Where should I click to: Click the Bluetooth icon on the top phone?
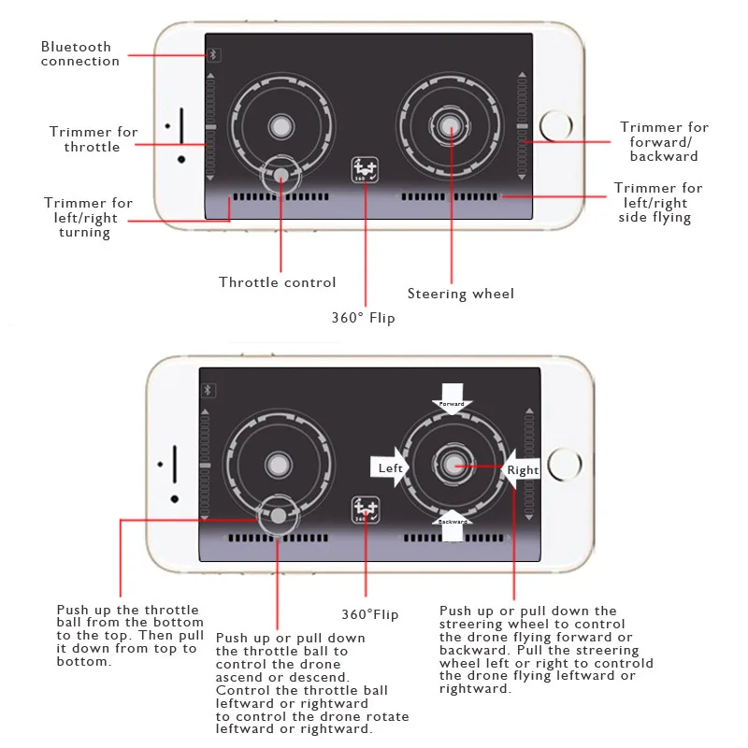(213, 55)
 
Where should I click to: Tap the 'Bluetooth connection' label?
(80, 54)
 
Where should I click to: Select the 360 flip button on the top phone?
(365, 169)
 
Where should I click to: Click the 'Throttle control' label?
(278, 282)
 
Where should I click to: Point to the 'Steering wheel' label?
(461, 294)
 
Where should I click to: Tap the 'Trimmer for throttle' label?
(93, 139)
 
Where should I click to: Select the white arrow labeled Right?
(521, 469)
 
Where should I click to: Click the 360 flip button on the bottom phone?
(366, 511)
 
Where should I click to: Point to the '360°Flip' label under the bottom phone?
(370, 614)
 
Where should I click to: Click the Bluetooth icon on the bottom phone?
(209, 390)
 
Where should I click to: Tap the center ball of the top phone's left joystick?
(280, 126)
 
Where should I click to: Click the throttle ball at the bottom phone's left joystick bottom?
(278, 514)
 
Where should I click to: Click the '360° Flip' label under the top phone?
(364, 318)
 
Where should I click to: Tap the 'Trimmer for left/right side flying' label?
(658, 203)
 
